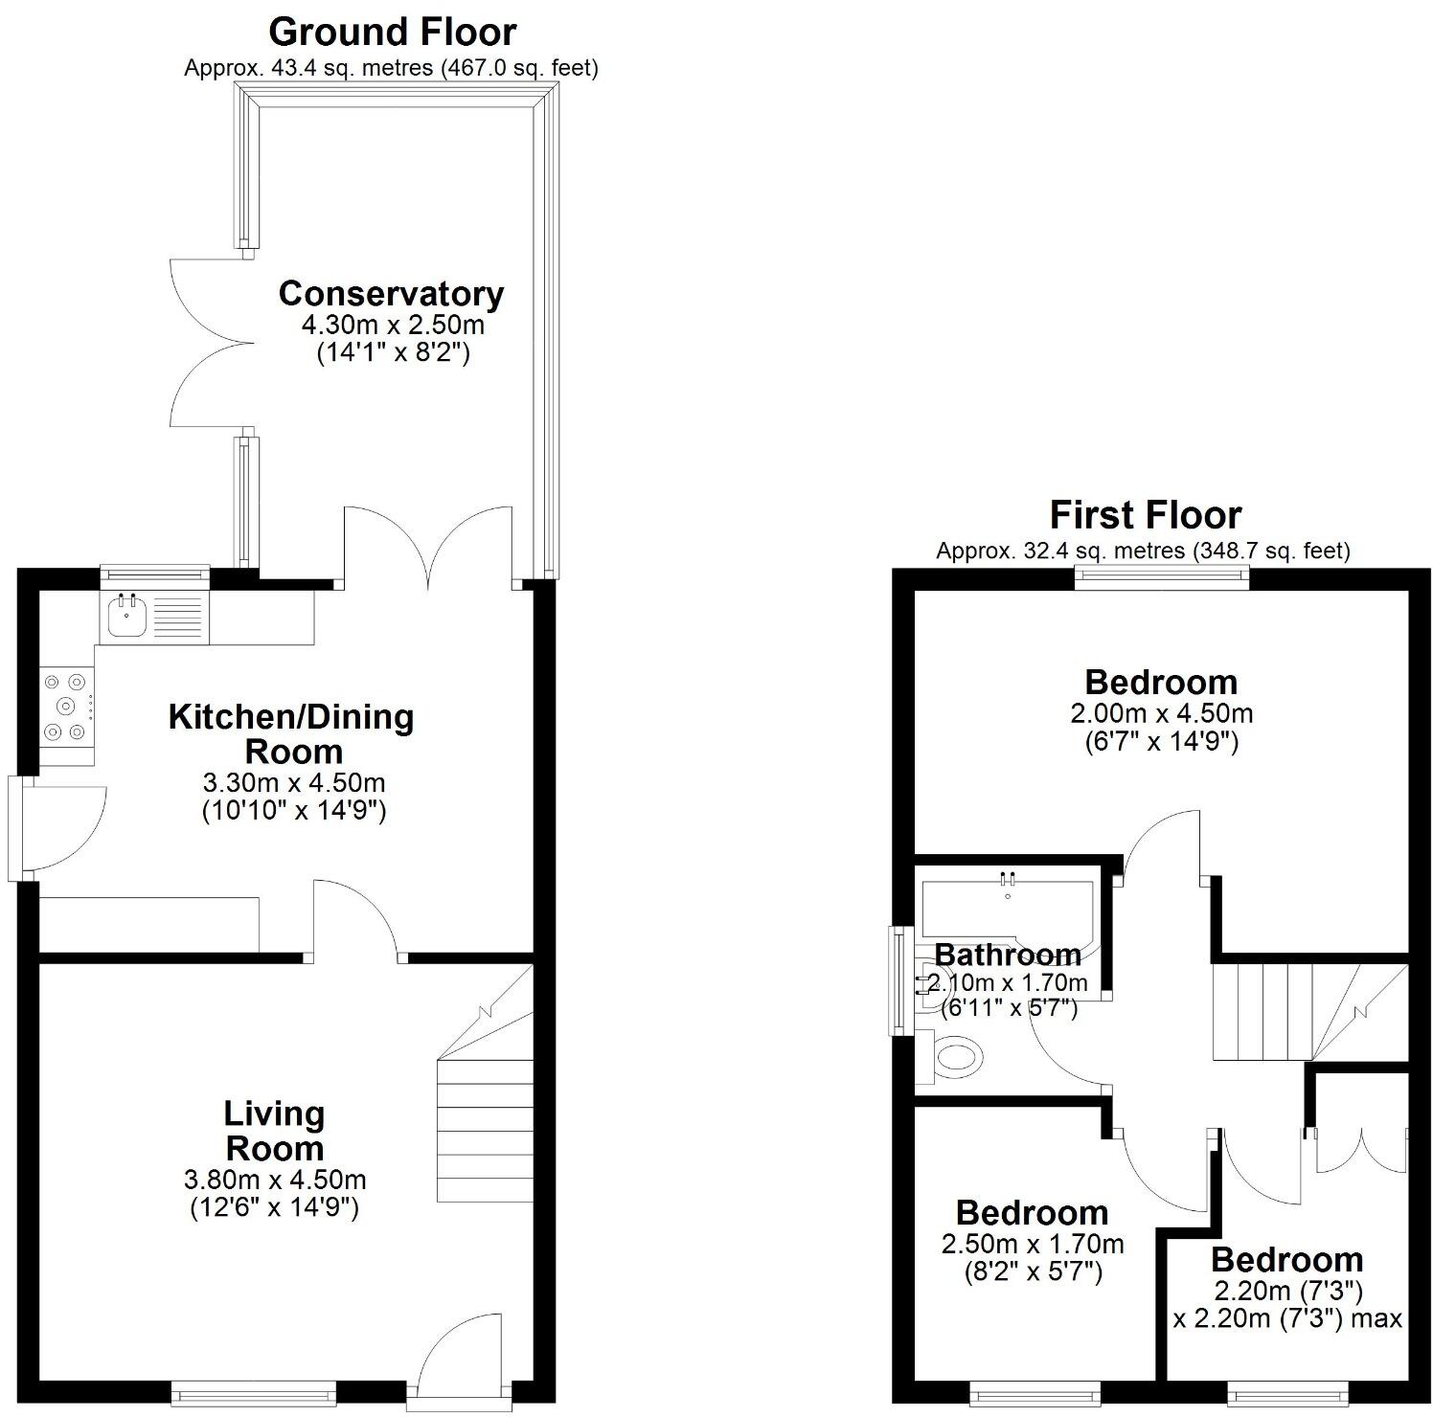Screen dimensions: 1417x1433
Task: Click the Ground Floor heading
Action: pyautogui.click(x=392, y=33)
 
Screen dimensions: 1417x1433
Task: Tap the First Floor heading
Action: pyautogui.click(x=1145, y=515)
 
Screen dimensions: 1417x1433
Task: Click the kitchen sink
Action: pyautogui.click(x=126, y=616)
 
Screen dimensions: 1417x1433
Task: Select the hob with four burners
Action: pyautogui.click(x=66, y=707)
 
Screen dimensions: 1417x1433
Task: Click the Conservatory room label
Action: pyautogui.click(x=391, y=294)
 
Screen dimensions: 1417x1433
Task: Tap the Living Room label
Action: pyautogui.click(x=274, y=1131)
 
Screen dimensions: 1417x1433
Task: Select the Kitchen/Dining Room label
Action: pyautogui.click(x=291, y=733)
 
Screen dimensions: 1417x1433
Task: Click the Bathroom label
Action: pyautogui.click(x=1008, y=955)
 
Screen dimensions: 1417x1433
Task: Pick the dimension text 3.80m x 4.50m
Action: pyautogui.click(x=274, y=1181)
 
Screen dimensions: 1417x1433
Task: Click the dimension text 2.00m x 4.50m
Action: pyautogui.click(x=1161, y=713)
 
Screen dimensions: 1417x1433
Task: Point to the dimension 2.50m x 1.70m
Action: pyautogui.click(x=1032, y=1245)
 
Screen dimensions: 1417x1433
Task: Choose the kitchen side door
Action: pyautogui.click(x=62, y=828)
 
